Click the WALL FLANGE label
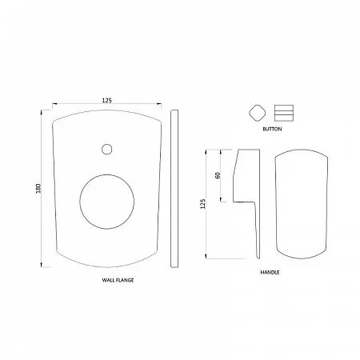tap(118, 280)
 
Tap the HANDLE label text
tap(270, 272)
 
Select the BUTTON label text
tap(272, 129)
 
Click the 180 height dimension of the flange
tap(39, 188)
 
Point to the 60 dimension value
tap(218, 175)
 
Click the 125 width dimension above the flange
tap(106, 100)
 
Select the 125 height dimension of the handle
tap(203, 204)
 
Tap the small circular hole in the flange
tap(106, 149)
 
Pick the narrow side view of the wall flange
tap(174, 189)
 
